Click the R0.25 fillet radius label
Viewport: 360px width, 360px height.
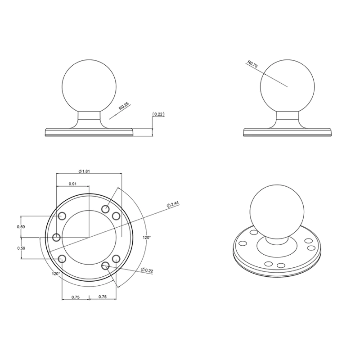[x=123, y=107]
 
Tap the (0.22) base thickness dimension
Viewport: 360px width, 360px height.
[x=159, y=114]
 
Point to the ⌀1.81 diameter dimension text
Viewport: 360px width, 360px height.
[x=85, y=171]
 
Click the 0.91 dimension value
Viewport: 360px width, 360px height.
[x=72, y=184]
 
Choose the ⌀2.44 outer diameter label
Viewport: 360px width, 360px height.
[x=173, y=204]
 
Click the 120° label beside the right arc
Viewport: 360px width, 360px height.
[x=146, y=237]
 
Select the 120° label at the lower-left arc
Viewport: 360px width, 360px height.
[x=55, y=273]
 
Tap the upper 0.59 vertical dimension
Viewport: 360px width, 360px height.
[x=21, y=226]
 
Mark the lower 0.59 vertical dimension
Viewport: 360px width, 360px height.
[x=21, y=248]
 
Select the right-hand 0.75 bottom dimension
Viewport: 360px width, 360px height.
[x=102, y=297]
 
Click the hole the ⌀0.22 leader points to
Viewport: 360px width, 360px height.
[x=105, y=265]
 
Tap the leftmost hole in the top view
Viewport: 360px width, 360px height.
[x=57, y=237]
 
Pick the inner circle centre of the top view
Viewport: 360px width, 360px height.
[x=88, y=237]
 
